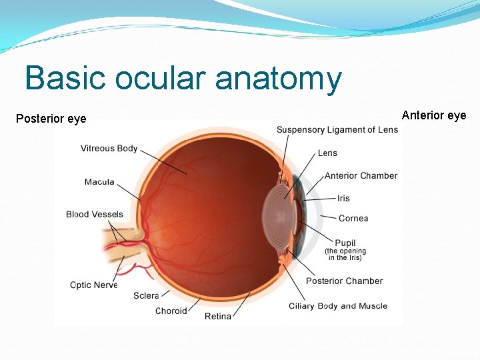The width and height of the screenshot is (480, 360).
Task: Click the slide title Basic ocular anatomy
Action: pos(183,79)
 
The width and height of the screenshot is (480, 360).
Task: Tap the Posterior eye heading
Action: pos(51,119)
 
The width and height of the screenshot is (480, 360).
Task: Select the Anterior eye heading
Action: pos(433,115)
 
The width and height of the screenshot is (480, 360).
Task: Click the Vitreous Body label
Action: pos(109,149)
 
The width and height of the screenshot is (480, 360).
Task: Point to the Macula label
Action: pos(99,182)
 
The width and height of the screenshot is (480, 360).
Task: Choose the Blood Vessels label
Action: pos(95,215)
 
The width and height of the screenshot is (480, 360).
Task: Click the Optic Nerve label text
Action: pos(94,285)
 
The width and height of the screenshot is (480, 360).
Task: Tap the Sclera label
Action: pos(146,295)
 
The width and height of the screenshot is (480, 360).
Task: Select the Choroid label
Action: pos(171,311)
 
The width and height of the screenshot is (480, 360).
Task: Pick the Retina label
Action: pos(218,316)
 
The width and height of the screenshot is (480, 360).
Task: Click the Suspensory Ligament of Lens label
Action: pos(337,130)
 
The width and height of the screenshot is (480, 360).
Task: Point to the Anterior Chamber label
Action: pos(361,176)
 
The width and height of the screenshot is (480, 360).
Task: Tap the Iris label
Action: pos(343,199)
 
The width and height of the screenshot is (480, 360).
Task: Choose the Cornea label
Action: pos(353,219)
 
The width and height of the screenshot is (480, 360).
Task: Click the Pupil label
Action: pos(345,243)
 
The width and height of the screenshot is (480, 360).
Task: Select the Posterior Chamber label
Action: pos(344,281)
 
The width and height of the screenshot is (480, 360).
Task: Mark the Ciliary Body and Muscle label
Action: pos(338,307)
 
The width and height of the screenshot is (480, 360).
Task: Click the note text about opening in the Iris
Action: pos(345,255)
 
